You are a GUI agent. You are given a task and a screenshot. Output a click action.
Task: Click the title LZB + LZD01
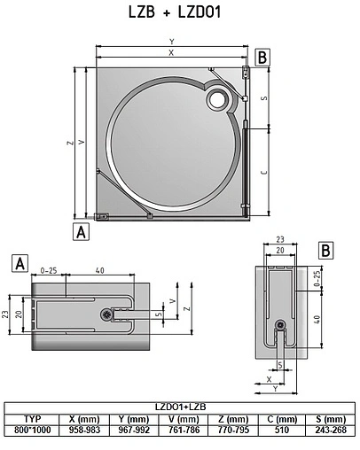(180, 12)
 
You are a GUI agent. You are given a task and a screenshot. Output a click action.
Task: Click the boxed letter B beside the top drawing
(262, 58)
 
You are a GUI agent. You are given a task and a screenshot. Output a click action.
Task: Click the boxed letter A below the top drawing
(82, 231)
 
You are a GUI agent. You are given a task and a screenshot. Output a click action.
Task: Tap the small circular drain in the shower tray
(215, 101)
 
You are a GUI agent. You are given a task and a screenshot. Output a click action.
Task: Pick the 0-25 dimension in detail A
(49, 270)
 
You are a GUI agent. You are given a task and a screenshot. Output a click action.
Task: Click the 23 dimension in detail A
(5, 314)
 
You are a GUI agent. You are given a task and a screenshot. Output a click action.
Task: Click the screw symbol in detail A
(108, 314)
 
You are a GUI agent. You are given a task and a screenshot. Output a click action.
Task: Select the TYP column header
(33, 419)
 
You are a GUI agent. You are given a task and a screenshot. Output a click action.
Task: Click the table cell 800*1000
(33, 429)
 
